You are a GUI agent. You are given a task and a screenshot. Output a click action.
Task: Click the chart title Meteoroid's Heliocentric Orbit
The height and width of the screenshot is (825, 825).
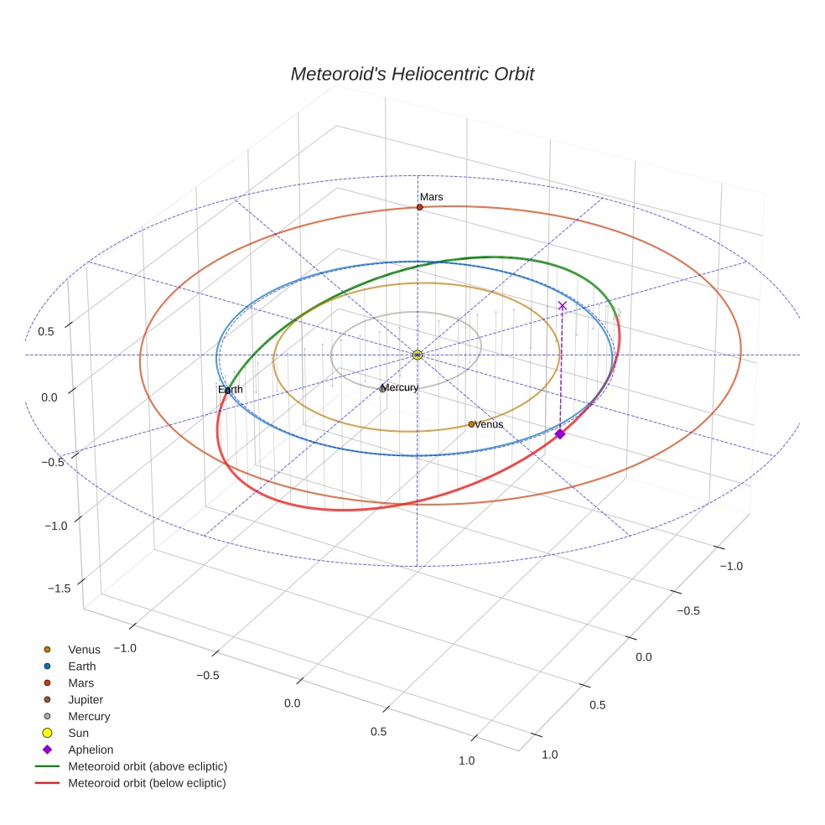pyautogui.click(x=412, y=75)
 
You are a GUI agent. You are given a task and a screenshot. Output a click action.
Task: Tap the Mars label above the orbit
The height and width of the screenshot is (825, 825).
pyautogui.click(x=432, y=197)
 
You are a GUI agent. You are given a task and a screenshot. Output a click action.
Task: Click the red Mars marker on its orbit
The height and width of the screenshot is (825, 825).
pyautogui.click(x=419, y=207)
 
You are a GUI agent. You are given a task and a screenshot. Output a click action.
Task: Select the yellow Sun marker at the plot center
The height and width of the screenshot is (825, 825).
pyautogui.click(x=417, y=355)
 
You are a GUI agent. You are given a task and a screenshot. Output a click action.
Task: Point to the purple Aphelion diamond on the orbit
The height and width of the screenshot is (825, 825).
pyautogui.click(x=560, y=433)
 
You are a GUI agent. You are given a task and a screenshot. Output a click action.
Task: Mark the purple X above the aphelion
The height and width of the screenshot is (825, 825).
pyautogui.click(x=562, y=306)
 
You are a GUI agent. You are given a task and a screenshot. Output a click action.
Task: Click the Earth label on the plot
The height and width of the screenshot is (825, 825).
pyautogui.click(x=231, y=390)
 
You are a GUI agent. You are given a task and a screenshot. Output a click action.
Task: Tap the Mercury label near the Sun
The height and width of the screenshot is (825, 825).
pyautogui.click(x=400, y=387)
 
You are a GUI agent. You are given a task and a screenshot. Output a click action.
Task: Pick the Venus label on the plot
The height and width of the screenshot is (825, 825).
pyautogui.click(x=489, y=424)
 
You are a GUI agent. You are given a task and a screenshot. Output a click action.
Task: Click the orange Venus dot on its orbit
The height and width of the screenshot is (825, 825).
pyautogui.click(x=471, y=424)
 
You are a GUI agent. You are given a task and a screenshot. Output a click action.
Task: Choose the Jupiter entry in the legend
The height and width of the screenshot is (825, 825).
pyautogui.click(x=86, y=699)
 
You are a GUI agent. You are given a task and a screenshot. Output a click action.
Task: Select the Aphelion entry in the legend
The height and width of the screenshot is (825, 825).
pyautogui.click(x=91, y=750)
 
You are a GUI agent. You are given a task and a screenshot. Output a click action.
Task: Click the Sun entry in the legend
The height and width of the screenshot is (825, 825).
pyautogui.click(x=78, y=733)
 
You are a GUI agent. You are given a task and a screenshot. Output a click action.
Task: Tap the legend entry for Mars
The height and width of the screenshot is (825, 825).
pyautogui.click(x=81, y=682)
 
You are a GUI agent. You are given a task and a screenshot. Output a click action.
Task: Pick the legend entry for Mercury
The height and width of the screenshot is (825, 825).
pyautogui.click(x=89, y=716)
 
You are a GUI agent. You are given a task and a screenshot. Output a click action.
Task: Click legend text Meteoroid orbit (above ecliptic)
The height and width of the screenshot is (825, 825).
pyautogui.click(x=148, y=766)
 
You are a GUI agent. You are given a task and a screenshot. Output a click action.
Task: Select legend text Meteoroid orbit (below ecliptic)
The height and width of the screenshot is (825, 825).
pyautogui.click(x=148, y=783)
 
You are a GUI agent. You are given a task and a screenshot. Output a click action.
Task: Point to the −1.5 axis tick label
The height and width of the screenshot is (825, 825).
pyautogui.click(x=59, y=589)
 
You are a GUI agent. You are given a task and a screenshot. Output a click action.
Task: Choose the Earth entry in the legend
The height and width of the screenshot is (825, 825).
pyautogui.click(x=82, y=667)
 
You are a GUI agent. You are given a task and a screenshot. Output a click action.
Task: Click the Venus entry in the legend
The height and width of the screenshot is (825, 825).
pyautogui.click(x=84, y=650)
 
